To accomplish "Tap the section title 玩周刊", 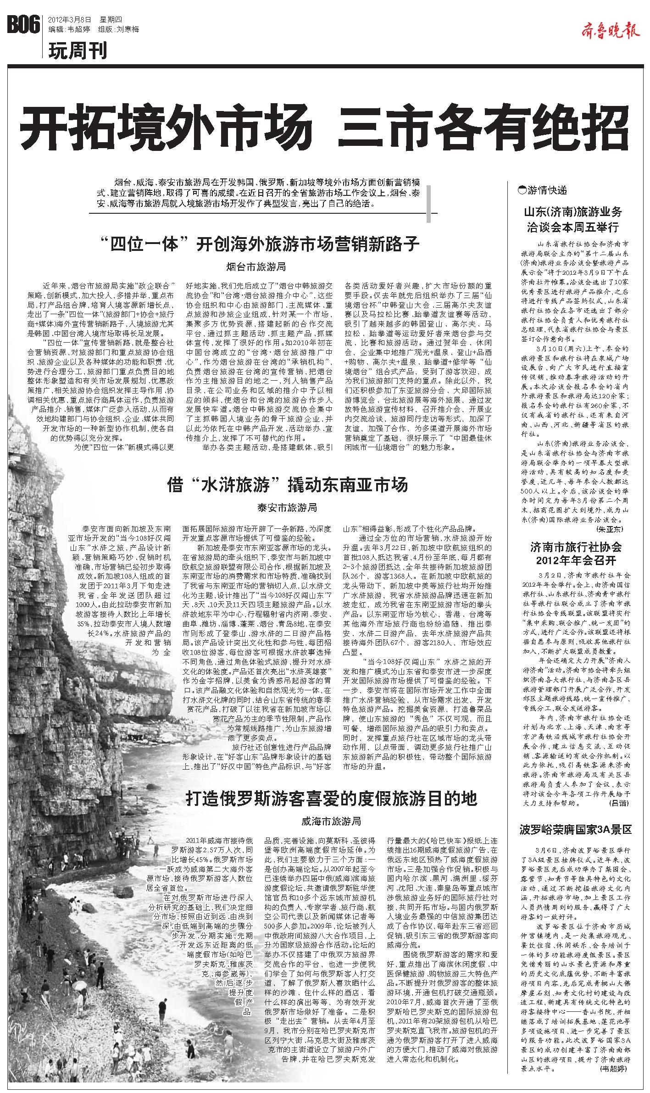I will (78, 50).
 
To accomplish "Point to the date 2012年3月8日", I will (69, 20).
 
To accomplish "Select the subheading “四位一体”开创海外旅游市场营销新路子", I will (262, 244).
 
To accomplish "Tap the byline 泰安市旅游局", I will (287, 507).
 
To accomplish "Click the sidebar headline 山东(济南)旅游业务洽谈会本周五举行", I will (573, 219).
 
